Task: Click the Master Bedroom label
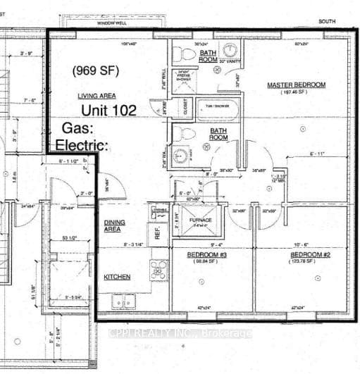(x=296, y=85)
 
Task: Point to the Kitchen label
(x=117, y=278)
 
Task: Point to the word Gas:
(x=77, y=128)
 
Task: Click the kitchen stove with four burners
(x=159, y=270)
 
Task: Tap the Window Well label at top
(x=112, y=23)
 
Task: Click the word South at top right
(x=327, y=22)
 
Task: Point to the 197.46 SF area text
(x=296, y=92)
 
